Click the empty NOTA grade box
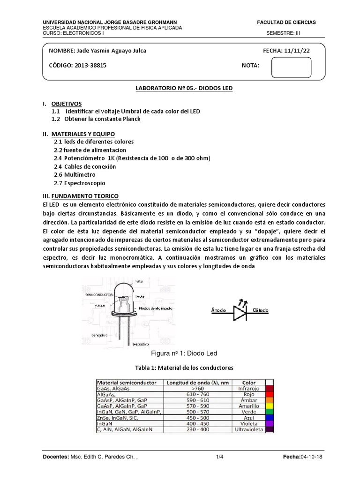[292, 67]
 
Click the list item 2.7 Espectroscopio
[79, 182]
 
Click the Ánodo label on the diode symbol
[219, 310]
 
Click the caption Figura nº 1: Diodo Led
[180, 352]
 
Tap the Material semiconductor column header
[127, 382]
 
